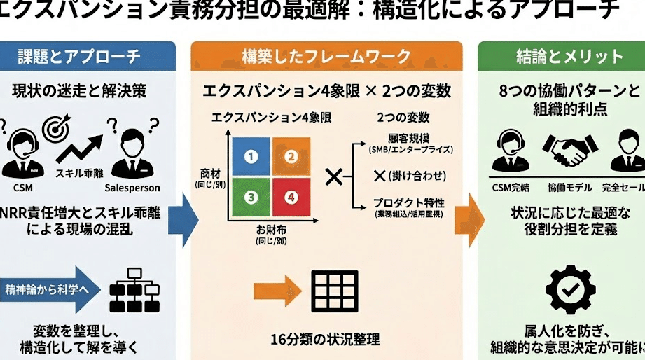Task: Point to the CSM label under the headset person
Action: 22,187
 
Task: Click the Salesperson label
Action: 132,188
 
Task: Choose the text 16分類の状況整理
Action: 325,340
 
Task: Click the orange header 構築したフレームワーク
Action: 326,56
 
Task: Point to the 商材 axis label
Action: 209,172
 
